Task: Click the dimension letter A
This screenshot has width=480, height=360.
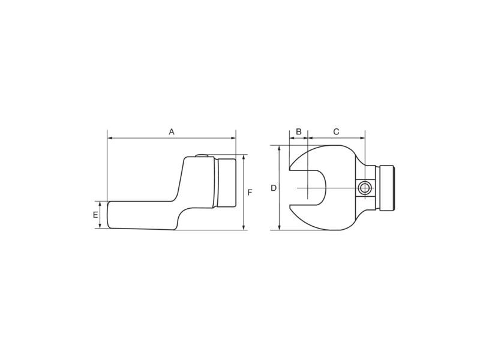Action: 172,132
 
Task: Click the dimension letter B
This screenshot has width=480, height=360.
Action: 299,132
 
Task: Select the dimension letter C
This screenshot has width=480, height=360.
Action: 336,132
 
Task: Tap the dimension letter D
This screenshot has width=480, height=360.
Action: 274,188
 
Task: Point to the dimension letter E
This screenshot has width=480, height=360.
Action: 95,215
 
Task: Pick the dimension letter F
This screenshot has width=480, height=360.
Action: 250,193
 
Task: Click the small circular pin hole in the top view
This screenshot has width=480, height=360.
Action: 365,188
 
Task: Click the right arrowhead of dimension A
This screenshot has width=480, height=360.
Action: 233,139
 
